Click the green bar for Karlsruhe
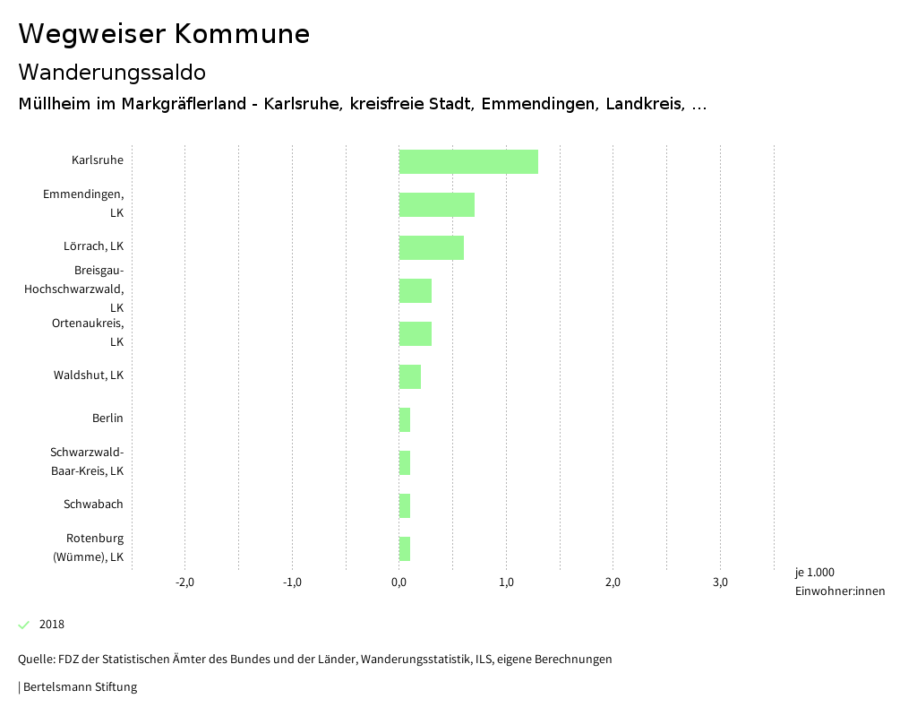tap(468, 161)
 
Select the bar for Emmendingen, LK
tap(436, 204)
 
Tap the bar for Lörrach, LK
tap(431, 247)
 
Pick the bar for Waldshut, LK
tap(409, 376)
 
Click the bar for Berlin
tap(405, 419)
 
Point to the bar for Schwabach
tap(405, 505)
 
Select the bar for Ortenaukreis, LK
tap(415, 333)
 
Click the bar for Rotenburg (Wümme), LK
tap(405, 548)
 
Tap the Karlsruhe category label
tap(98, 160)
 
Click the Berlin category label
tap(107, 418)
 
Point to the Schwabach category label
tap(93, 505)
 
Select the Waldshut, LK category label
tap(88, 375)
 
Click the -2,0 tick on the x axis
tap(184, 582)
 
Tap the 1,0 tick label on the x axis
tap(506, 582)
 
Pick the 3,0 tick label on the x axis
tap(720, 582)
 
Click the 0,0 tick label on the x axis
tap(399, 582)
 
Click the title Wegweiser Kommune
tap(164, 34)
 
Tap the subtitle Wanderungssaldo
tap(112, 72)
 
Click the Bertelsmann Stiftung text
tap(80, 687)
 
